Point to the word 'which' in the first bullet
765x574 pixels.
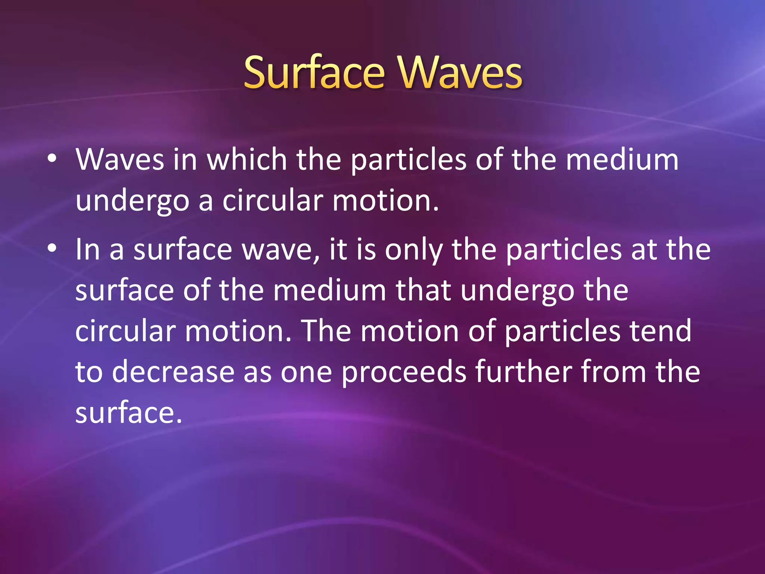tap(247, 160)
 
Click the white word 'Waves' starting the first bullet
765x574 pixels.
tap(120, 160)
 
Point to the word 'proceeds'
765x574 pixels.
tap(404, 373)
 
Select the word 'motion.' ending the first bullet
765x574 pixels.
tap(385, 201)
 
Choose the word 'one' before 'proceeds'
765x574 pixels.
tap(306, 373)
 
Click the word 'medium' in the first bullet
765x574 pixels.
tap(622, 160)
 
